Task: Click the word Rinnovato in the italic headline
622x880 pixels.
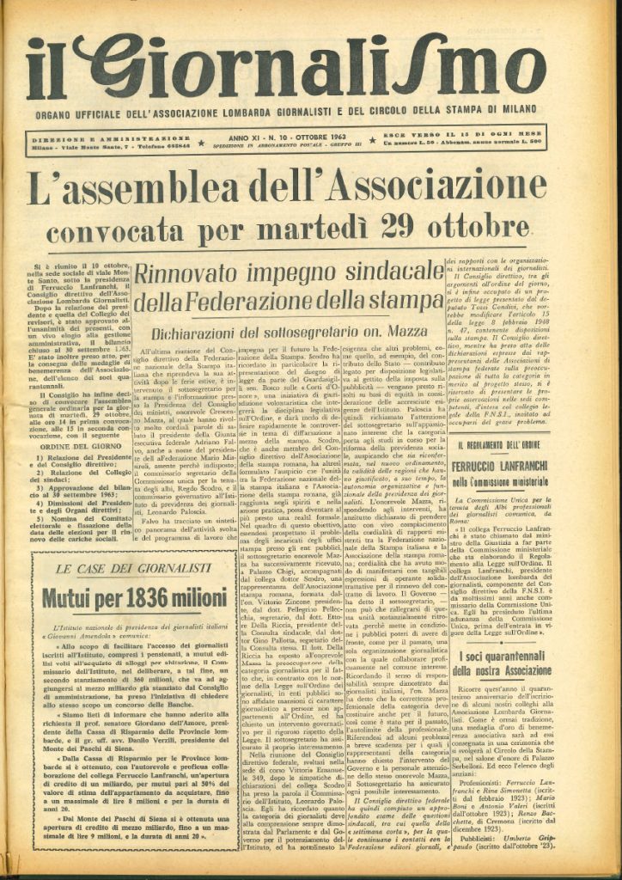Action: (x=190, y=275)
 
